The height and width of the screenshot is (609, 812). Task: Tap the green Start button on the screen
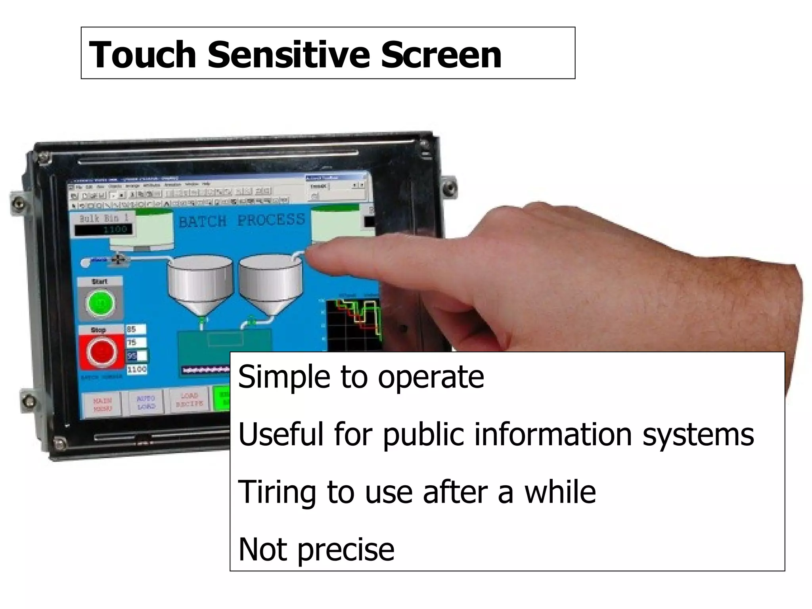[100, 303]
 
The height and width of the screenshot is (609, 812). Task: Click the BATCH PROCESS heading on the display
[242, 221]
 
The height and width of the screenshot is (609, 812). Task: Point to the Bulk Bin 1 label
[103, 218]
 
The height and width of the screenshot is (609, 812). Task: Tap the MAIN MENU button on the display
[103, 404]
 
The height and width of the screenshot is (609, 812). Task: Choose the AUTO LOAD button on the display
[146, 402]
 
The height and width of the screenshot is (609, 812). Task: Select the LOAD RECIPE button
[190, 400]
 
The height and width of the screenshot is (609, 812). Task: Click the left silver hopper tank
[200, 282]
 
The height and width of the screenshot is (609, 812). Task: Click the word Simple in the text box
[284, 377]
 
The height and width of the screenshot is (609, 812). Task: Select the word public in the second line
[423, 435]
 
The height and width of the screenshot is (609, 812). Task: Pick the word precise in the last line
[346, 550]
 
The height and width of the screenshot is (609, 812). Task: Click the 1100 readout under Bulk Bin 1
[104, 230]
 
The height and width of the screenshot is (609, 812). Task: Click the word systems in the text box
[698, 435]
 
